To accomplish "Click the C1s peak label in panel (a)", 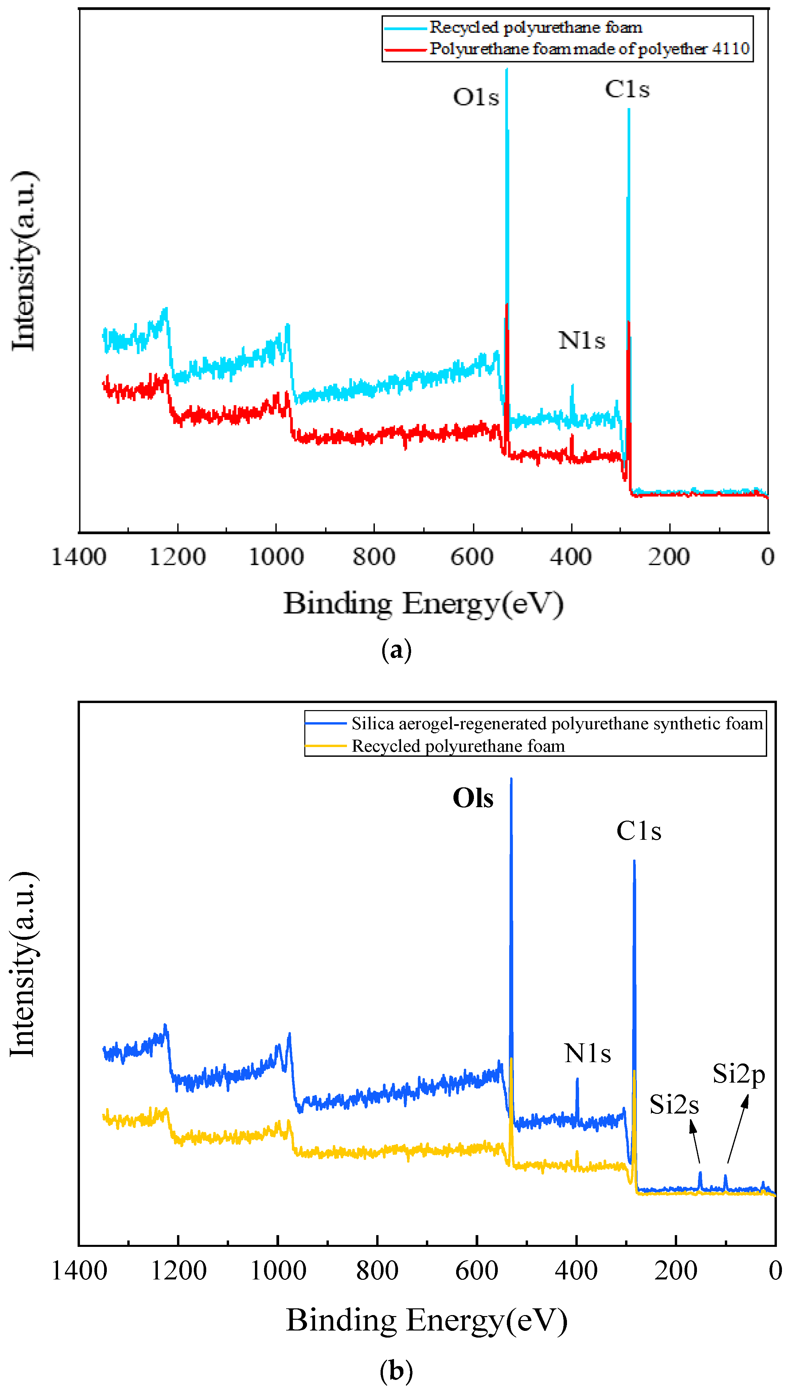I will [627, 90].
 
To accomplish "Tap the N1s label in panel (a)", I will [582, 341].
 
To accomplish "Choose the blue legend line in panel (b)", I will [325, 723].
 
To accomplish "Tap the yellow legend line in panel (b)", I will [325, 746].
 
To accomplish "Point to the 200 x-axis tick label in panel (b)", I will [675, 1271].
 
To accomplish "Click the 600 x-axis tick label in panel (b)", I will [476, 1271].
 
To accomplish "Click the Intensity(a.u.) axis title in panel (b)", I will [23, 965].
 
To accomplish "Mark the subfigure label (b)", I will [397, 1371].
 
